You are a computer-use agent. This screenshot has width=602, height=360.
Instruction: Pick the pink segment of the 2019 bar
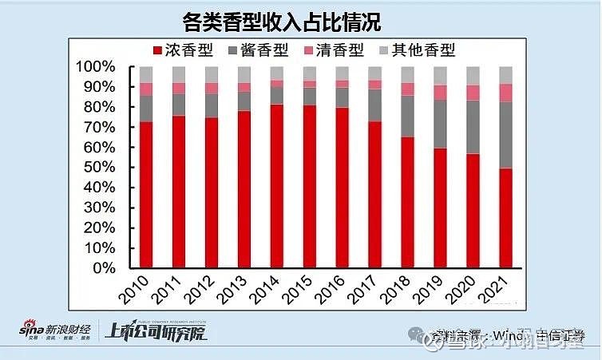coord(440,93)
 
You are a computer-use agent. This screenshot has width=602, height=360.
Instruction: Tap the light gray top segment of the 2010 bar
coord(145,74)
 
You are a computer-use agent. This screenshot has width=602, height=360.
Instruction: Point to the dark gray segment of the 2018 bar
coord(407,117)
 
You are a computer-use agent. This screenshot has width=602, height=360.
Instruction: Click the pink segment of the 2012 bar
coord(211,88)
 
